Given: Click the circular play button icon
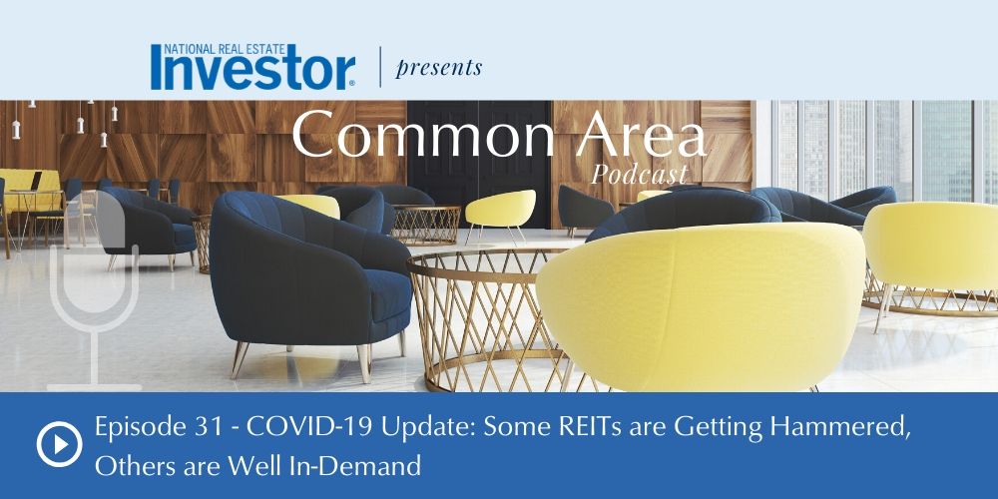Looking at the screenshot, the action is point(59,444).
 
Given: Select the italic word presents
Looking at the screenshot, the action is point(438,68).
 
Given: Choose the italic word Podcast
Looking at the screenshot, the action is point(640,174).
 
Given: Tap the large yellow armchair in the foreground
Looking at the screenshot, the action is point(702,305).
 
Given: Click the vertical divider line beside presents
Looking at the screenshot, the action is point(380,66).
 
